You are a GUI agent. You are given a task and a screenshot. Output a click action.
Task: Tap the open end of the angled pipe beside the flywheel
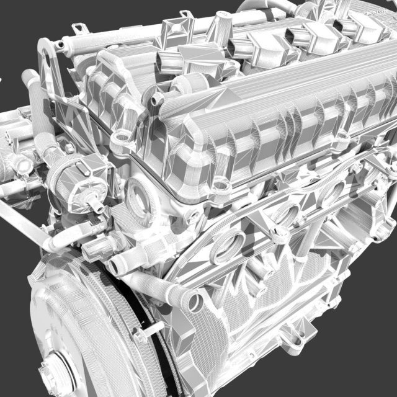194,302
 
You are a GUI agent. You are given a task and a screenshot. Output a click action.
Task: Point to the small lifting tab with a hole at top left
79,29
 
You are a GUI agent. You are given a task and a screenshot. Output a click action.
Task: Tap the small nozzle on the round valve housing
94,205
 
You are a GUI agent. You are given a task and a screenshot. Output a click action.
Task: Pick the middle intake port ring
287,214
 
